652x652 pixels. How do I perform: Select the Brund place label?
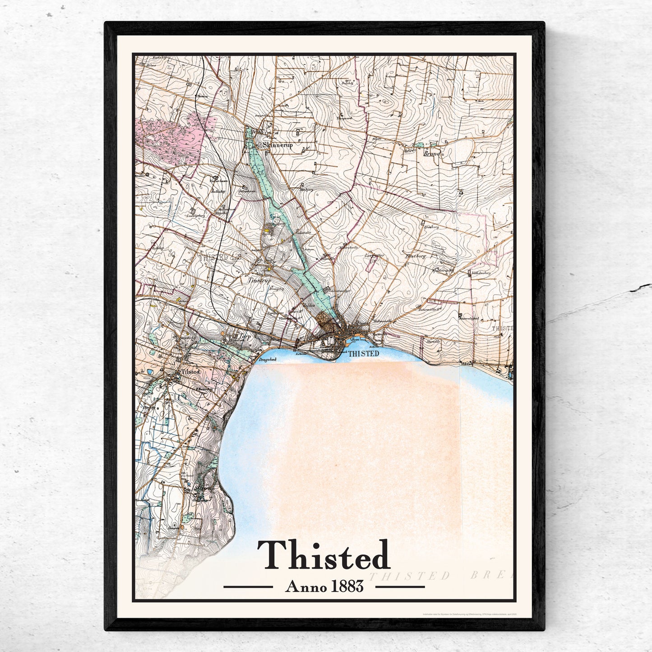click(431, 153)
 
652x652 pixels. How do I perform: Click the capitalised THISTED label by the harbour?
click(364, 354)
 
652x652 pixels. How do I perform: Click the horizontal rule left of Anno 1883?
click(248, 587)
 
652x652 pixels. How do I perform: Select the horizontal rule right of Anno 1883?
click(400, 587)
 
